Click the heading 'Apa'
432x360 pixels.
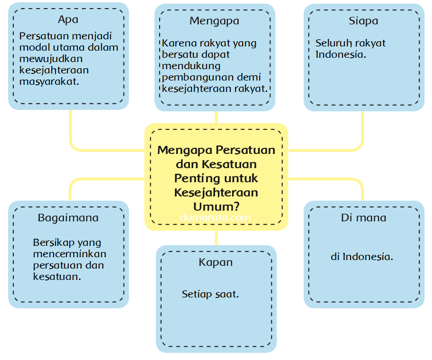68,19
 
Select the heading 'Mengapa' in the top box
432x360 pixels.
214,21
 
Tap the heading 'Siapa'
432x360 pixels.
363,21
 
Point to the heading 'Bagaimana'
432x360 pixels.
68,218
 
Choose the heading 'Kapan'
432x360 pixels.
216,262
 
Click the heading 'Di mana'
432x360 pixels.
363,218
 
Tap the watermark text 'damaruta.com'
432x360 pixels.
215,217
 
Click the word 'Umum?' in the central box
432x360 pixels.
216,207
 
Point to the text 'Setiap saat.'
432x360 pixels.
210,294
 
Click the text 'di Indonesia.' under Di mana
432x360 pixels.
362,257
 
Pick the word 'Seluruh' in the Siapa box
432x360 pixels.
332,43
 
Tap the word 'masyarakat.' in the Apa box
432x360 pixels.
49,81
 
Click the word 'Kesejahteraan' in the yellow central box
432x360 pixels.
216,193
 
